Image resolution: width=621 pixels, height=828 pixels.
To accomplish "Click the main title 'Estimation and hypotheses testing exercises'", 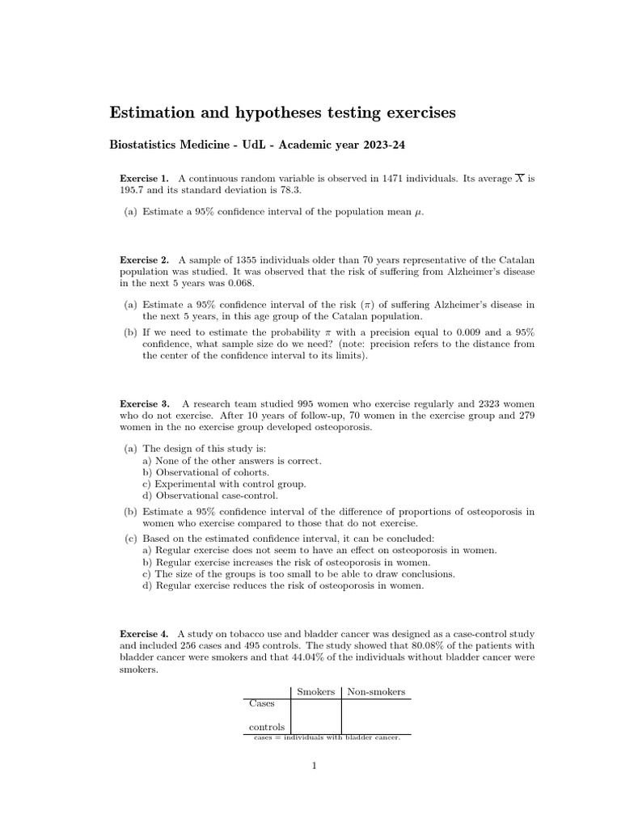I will click(282, 113).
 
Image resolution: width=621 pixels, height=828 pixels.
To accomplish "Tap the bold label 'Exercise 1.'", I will click(144, 178).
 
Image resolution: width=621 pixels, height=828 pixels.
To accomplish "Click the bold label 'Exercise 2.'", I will click(144, 260).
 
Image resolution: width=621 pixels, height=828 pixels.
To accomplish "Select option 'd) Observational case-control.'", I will click(210, 496).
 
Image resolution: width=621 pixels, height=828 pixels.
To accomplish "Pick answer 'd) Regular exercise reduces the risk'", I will click(283, 585).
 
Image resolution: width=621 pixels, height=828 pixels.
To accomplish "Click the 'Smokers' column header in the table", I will click(315, 692).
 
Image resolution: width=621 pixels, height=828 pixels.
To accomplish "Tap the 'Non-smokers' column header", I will click(376, 692).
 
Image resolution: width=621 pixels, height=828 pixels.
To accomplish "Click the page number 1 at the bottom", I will click(314, 767).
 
